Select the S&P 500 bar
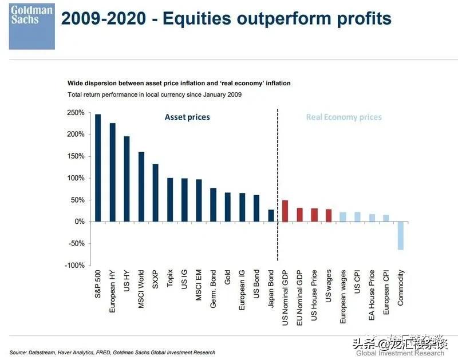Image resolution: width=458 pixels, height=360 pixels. tap(97, 168)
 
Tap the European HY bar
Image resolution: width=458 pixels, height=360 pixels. tap(112, 172)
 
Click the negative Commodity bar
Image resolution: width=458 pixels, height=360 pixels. tap(401, 236)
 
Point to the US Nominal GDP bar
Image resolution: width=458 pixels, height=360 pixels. tap(285, 211)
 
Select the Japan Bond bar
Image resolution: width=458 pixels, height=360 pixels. tap(271, 215)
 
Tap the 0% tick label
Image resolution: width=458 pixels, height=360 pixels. tap(79, 221)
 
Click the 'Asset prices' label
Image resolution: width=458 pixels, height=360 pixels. tap(187, 117)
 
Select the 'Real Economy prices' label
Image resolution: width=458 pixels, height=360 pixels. tap(343, 117)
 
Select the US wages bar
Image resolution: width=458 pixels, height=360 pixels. tap(329, 215)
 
